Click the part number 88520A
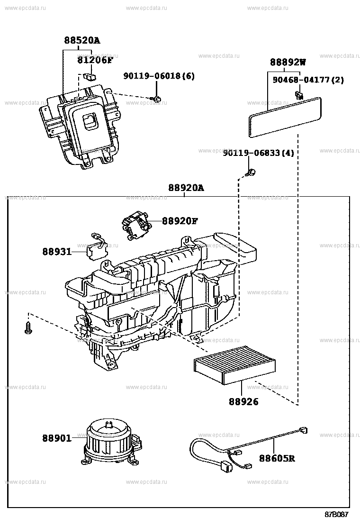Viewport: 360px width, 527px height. tap(82, 41)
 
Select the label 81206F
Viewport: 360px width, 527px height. tap(95, 60)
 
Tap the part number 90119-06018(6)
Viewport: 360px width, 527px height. tap(159, 76)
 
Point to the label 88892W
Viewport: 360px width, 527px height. tap(288, 62)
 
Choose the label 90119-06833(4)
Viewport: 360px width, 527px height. tap(258, 153)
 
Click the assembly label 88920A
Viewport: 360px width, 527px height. tap(186, 188)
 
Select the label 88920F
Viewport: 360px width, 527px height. tap(180, 221)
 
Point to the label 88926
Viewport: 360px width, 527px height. tap(243, 401)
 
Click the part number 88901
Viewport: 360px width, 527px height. tap(57, 438)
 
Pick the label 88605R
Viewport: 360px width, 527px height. tap(277, 458)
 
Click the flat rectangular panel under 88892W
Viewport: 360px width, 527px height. tap(285, 116)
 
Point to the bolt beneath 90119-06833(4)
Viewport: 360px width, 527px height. tap(252, 173)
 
